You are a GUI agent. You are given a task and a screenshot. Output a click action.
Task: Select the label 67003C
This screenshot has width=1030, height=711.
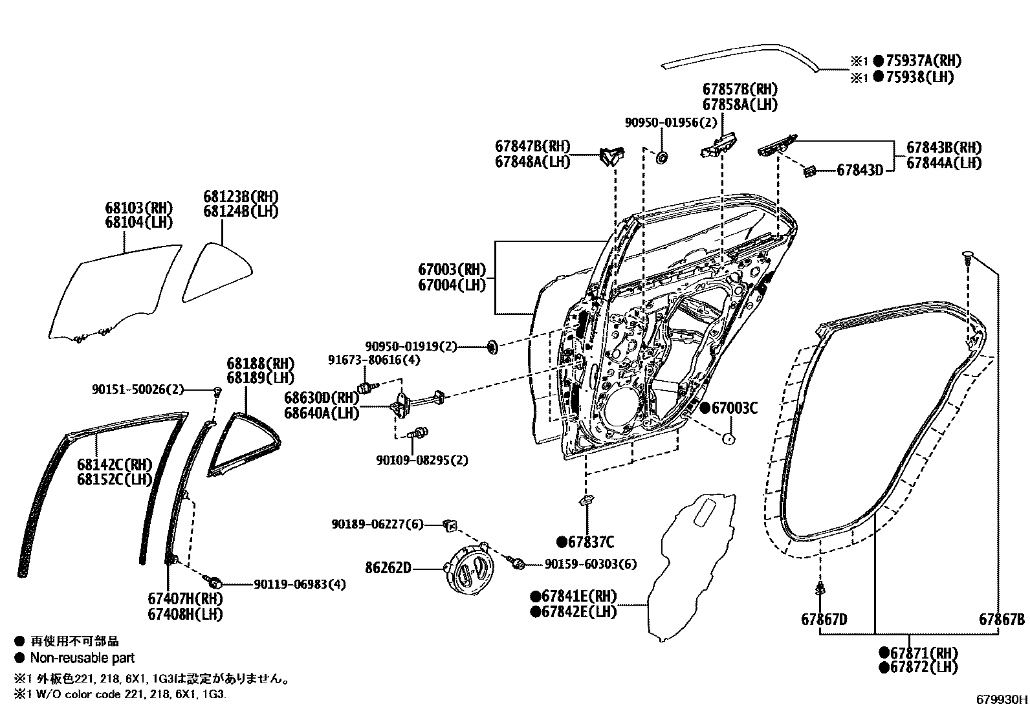[x=734, y=408]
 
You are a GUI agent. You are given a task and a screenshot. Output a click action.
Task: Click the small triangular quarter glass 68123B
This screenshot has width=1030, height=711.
[x=216, y=272]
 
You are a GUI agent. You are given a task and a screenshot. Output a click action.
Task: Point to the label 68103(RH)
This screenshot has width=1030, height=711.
[x=139, y=208]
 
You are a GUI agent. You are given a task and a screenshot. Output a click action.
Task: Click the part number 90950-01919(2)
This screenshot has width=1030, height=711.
[x=411, y=347]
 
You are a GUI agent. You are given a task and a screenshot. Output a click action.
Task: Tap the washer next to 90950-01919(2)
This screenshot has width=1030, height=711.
[x=491, y=347]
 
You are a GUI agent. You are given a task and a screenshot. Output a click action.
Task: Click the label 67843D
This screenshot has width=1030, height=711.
[x=859, y=170]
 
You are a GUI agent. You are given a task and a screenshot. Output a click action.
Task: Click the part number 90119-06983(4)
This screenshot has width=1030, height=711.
[x=299, y=584]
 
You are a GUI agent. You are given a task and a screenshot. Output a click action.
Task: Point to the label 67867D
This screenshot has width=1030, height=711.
[x=824, y=619]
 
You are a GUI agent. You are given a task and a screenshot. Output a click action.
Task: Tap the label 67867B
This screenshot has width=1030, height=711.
[x=1001, y=619]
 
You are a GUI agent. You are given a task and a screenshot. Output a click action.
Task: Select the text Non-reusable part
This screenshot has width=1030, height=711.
[x=82, y=658]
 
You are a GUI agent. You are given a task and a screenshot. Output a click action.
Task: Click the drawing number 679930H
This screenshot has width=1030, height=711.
[x=1002, y=699]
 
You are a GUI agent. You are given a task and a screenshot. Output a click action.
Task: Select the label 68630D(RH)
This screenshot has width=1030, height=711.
[x=321, y=397]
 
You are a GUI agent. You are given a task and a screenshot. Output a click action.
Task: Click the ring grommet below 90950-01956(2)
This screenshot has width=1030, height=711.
[x=663, y=157]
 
